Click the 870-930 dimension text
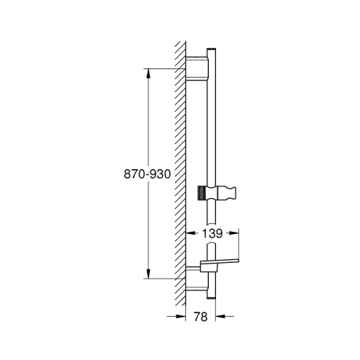(x=147, y=174)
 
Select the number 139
(x=211, y=233)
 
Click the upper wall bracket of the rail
(x=195, y=68)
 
